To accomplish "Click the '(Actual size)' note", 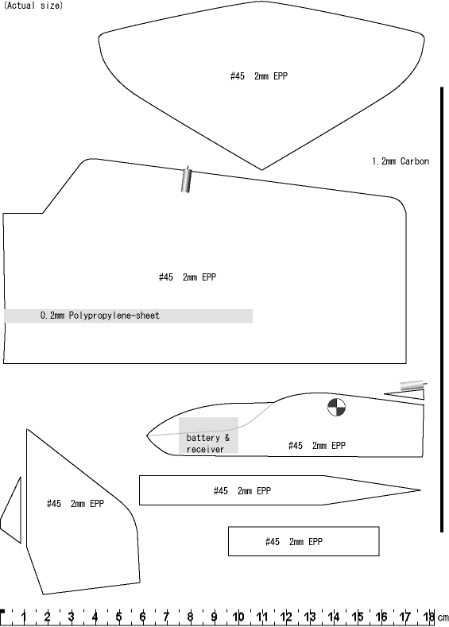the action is tap(33, 6).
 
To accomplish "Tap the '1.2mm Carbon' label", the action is tap(401, 161).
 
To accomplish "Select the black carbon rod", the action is tap(442, 309).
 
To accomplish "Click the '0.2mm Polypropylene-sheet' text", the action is tap(100, 315).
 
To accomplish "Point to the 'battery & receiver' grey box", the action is tap(208, 435).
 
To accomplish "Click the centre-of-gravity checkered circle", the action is tap(336, 407).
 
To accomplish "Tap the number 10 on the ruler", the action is tap(238, 617).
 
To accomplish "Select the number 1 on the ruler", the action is tap(24, 617).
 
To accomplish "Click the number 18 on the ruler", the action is tap(429, 617).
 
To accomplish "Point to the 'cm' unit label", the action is tap(443, 617).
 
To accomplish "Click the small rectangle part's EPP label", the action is tap(294, 542).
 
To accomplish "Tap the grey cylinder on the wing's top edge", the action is tap(186, 180).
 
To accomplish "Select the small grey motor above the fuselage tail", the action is tap(413, 385).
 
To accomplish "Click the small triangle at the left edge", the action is tap(11, 510).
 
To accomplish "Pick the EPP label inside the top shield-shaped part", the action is tap(259, 76).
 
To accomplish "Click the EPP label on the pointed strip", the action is tap(242, 490).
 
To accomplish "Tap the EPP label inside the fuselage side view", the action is tap(317, 446).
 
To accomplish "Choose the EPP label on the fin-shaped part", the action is tap(75, 504).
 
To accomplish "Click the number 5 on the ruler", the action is tap(118, 617).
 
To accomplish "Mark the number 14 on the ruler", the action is tap(334, 617).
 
